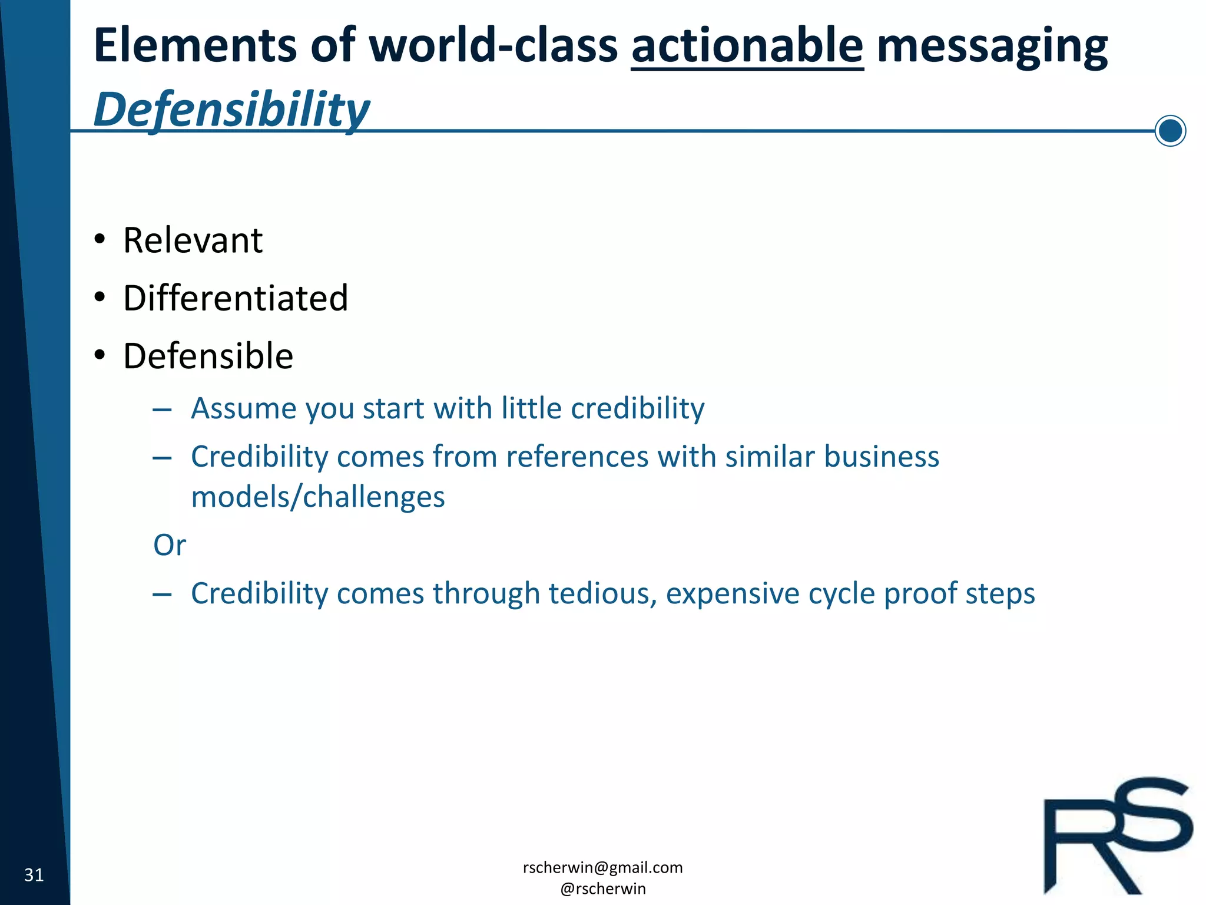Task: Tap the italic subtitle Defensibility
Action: tap(231, 110)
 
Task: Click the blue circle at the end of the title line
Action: tap(1170, 131)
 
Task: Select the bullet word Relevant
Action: tap(193, 240)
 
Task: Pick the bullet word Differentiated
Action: tap(236, 298)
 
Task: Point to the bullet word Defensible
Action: tap(208, 356)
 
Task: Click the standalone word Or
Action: tap(169, 545)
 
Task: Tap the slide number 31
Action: tap(34, 875)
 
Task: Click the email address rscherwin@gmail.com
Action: tap(602, 867)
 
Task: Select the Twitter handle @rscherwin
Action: tap(602, 889)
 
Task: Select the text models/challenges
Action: tap(318, 497)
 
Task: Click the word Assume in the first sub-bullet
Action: tap(244, 408)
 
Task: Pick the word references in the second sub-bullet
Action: tap(577, 457)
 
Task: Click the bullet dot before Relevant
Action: tap(100, 240)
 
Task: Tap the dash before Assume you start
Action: tap(161, 409)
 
